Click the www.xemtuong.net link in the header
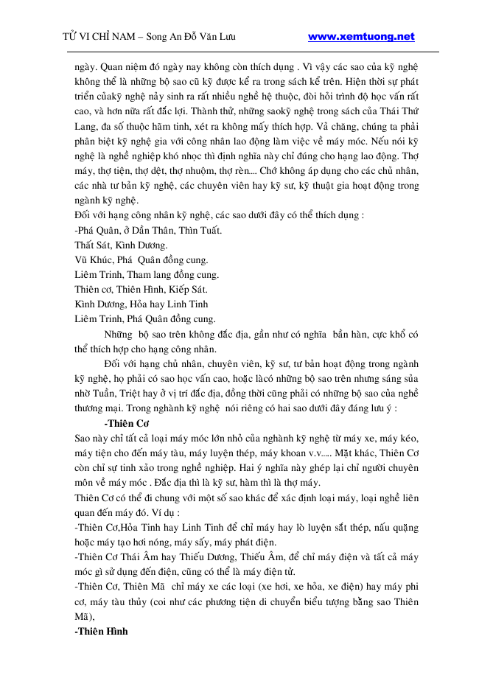(x=360, y=37)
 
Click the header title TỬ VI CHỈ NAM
(x=103, y=37)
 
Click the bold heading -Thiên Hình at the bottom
(x=102, y=632)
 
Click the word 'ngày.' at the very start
(x=86, y=66)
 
